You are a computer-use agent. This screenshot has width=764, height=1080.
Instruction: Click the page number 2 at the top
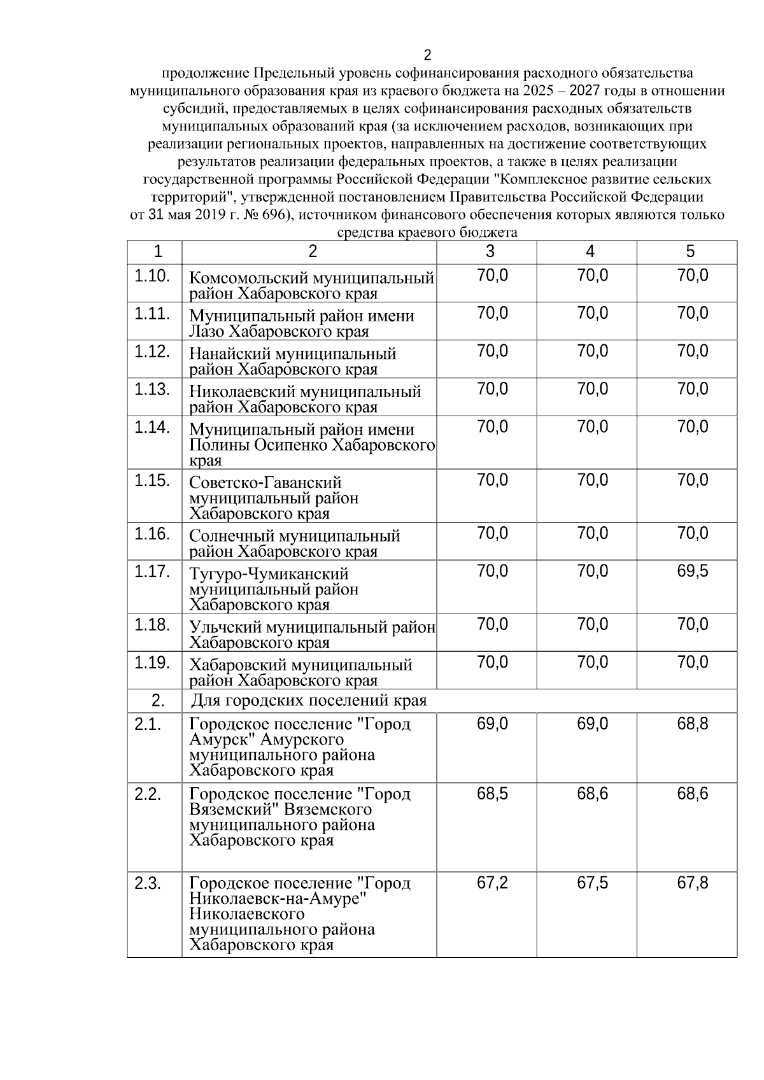(427, 55)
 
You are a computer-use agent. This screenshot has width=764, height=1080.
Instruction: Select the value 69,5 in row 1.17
(692, 572)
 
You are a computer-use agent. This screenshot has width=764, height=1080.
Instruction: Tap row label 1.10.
(152, 276)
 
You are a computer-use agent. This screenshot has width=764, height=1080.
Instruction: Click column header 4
(590, 252)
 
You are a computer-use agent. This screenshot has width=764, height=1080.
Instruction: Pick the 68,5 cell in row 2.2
(492, 794)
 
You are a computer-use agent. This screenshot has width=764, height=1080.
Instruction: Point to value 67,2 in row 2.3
(492, 883)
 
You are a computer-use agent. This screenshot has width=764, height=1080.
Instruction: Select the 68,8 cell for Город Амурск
(692, 724)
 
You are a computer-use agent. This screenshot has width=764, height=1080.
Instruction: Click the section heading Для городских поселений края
(309, 701)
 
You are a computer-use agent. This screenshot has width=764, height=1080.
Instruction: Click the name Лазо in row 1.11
(206, 332)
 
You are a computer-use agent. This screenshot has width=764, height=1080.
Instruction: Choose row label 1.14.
(152, 427)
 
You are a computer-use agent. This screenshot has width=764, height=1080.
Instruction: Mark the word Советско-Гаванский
(265, 483)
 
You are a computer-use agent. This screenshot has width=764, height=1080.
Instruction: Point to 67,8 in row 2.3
(692, 883)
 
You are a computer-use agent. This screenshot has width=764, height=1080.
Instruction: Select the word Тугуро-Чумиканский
(269, 575)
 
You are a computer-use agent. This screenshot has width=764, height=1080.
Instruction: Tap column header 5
(690, 252)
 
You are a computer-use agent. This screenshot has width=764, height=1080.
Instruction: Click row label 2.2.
(147, 794)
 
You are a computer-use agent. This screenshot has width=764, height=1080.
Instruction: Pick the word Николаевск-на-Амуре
(279, 899)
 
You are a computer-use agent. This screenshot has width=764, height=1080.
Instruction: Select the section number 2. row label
(157, 701)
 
